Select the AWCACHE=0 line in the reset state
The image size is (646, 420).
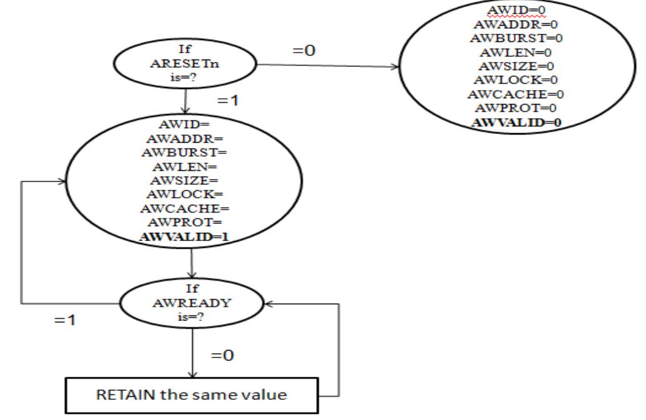(515, 95)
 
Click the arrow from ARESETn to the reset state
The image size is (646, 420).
(326, 64)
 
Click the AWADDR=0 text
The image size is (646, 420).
(515, 24)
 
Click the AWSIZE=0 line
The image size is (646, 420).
(515, 66)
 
